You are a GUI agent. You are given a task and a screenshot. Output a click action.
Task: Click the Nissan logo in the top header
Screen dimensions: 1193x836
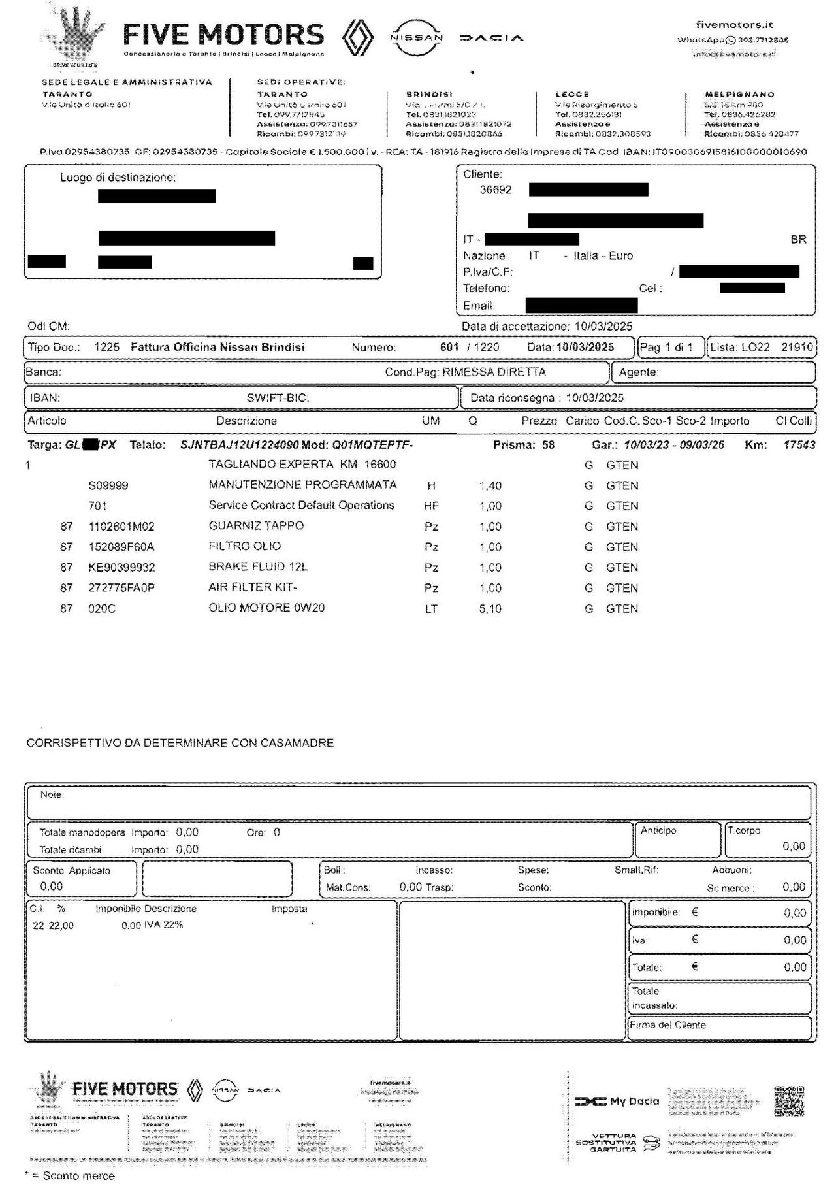tap(416, 37)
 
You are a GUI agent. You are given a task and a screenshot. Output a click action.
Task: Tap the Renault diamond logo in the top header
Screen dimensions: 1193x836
tap(358, 37)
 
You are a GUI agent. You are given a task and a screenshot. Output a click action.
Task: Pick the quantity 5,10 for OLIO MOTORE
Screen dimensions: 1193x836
tap(490, 608)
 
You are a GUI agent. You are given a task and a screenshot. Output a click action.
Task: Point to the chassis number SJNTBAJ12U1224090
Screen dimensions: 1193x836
tap(240, 445)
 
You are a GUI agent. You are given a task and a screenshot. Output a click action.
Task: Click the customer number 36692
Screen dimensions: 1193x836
tap(496, 190)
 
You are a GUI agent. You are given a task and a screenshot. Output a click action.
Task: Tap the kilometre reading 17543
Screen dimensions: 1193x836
tap(799, 445)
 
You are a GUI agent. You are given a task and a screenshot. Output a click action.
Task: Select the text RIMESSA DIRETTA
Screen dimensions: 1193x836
tap(494, 372)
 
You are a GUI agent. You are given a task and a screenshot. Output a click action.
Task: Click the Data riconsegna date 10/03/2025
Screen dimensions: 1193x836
tap(594, 398)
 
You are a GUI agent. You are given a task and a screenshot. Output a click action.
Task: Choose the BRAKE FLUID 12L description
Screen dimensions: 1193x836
tap(257, 567)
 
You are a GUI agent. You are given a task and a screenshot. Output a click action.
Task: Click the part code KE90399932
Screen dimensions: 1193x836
tap(121, 567)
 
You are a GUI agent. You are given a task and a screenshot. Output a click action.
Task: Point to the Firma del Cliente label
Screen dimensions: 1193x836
tap(668, 1025)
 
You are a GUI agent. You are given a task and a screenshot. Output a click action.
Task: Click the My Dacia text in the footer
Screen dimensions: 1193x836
tap(634, 1102)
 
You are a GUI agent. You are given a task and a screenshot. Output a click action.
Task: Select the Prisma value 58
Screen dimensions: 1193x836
tap(548, 445)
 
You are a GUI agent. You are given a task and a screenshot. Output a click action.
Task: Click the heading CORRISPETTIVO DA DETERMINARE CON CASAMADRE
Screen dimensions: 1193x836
tap(180, 743)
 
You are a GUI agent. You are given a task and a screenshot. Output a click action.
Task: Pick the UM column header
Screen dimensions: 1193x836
tap(431, 421)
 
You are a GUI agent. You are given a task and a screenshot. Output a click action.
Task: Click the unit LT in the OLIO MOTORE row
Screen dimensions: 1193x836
tap(431, 608)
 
